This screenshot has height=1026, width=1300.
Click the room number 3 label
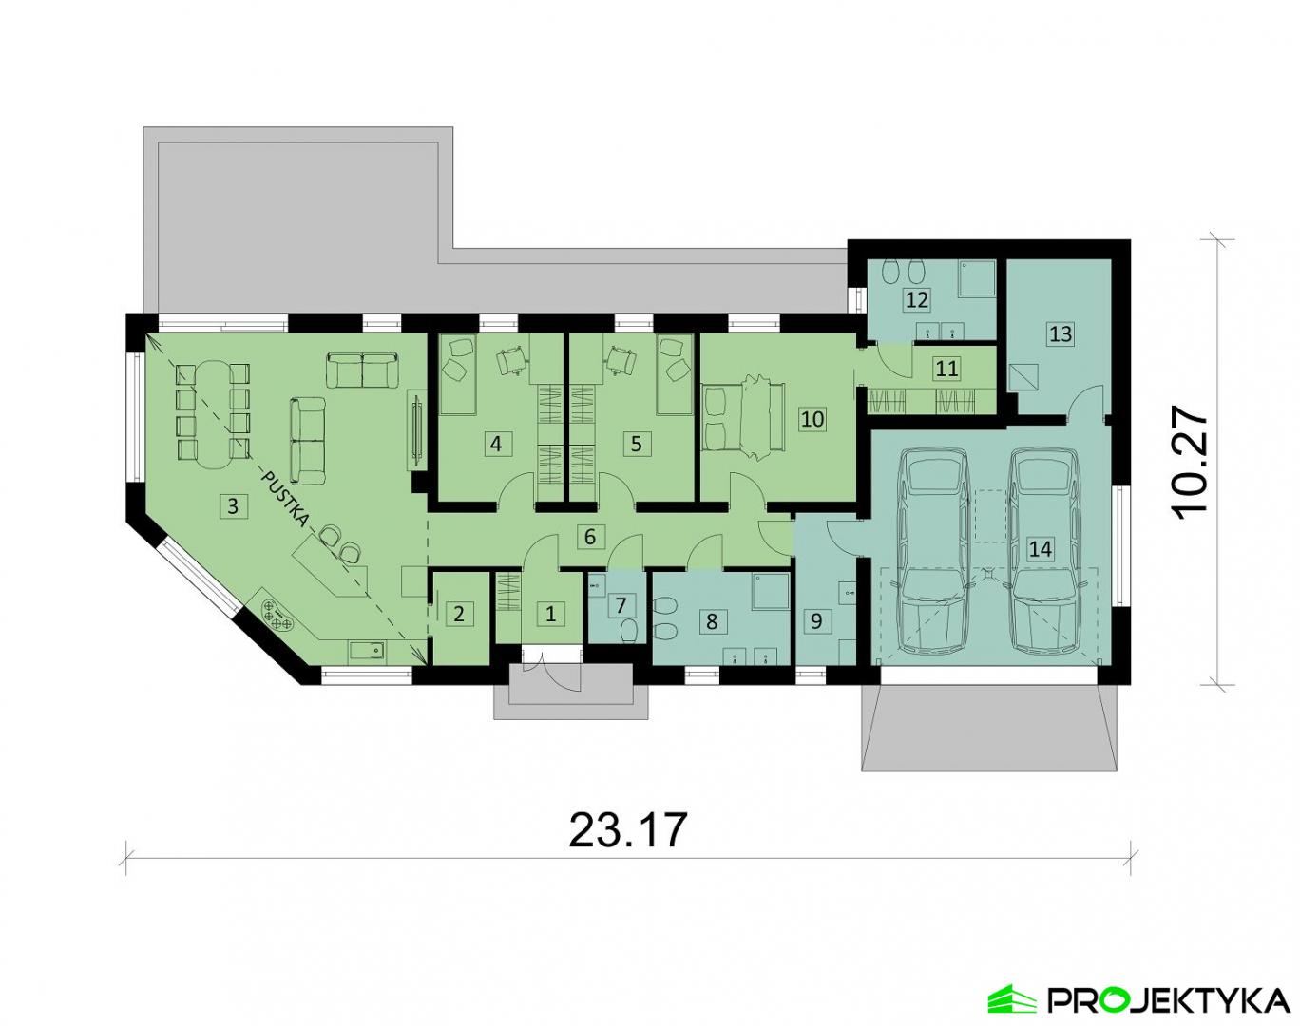tap(233, 505)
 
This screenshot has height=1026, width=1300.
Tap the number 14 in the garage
tap(1041, 548)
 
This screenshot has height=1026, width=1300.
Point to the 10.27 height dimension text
tap(1188, 463)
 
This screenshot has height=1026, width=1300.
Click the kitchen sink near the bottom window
tap(368, 651)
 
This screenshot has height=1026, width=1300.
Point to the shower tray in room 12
tap(978, 278)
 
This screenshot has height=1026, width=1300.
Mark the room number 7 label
tap(621, 606)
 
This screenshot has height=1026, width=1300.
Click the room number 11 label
tap(946, 369)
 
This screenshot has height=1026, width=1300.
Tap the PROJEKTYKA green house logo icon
tap(1013, 996)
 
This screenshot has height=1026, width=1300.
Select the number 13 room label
tap(1061, 333)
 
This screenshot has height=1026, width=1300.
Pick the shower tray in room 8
tap(771, 591)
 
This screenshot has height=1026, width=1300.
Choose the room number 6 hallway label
tap(590, 536)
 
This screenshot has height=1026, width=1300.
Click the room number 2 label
tap(458, 615)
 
